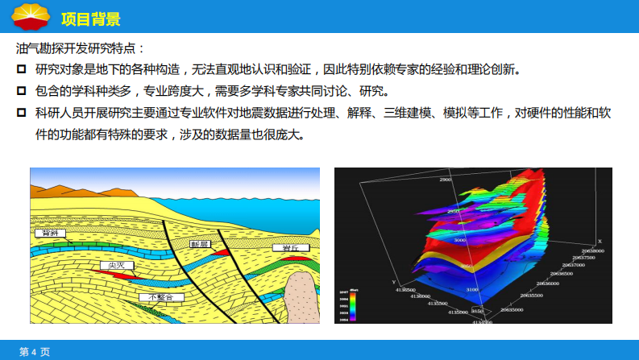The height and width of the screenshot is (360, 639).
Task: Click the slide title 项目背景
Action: point(91,17)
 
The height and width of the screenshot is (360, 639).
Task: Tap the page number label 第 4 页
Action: point(35,352)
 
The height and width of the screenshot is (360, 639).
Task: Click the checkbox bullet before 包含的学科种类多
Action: point(22,90)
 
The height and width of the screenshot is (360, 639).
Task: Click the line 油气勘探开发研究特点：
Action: point(81,48)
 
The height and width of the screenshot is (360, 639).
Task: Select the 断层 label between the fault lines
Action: point(200,243)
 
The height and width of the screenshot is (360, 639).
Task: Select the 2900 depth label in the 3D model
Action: point(444,180)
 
